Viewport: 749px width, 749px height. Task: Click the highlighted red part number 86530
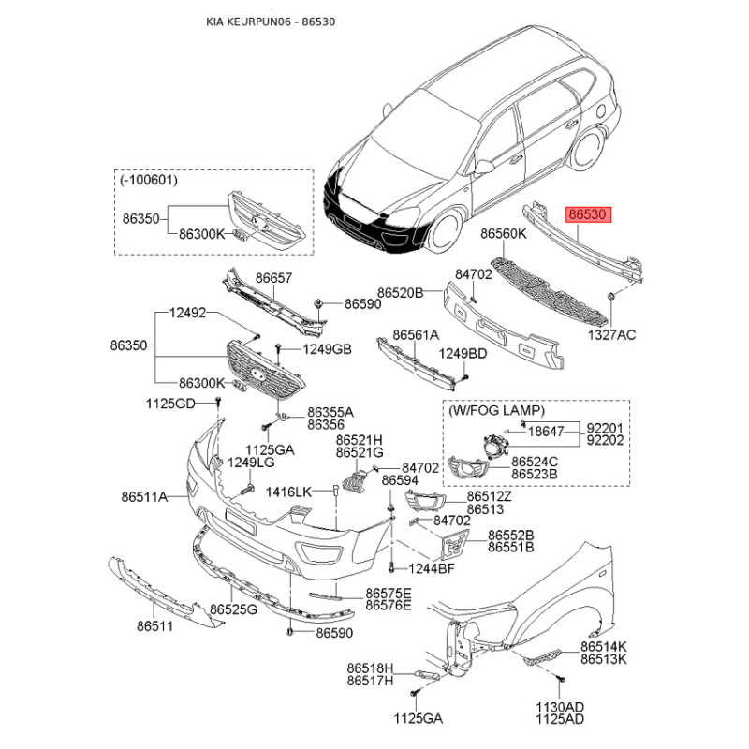coord(589,214)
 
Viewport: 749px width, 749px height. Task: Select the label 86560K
coord(506,233)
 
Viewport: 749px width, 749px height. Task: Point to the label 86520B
coord(401,293)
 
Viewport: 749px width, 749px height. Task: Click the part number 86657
coord(273,278)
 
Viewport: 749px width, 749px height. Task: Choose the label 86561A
coord(416,334)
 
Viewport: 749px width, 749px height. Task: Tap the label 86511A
coord(142,497)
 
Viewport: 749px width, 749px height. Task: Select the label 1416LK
coord(288,492)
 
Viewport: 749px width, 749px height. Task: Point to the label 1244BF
coord(433,568)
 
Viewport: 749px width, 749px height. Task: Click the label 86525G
coord(232,610)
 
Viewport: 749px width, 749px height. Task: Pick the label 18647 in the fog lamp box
coord(547,432)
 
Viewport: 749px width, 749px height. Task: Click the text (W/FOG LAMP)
coord(497,410)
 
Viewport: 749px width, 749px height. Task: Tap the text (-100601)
coord(149,178)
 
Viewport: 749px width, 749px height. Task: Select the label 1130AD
coord(560,706)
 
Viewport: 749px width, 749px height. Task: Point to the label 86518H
coord(369,668)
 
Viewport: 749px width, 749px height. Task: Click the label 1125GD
coord(169,404)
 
